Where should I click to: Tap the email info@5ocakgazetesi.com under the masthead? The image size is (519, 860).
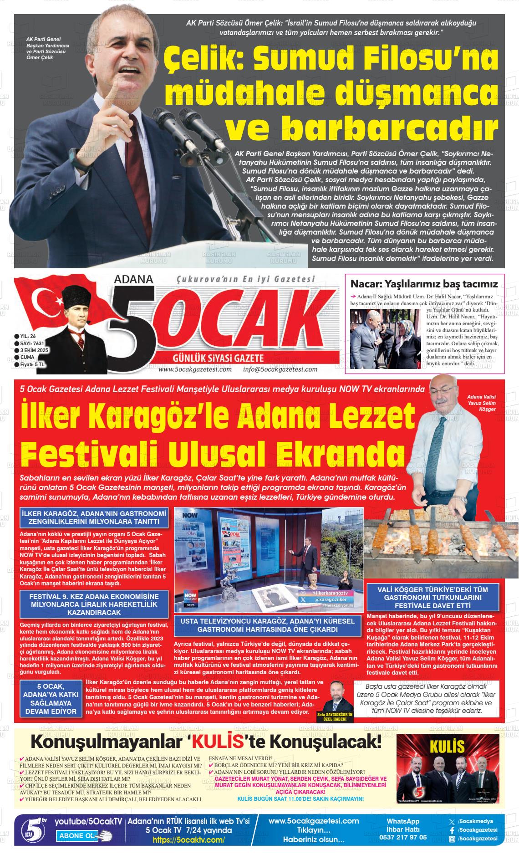(x=280, y=369)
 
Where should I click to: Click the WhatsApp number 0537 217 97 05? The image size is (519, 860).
(x=403, y=837)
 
